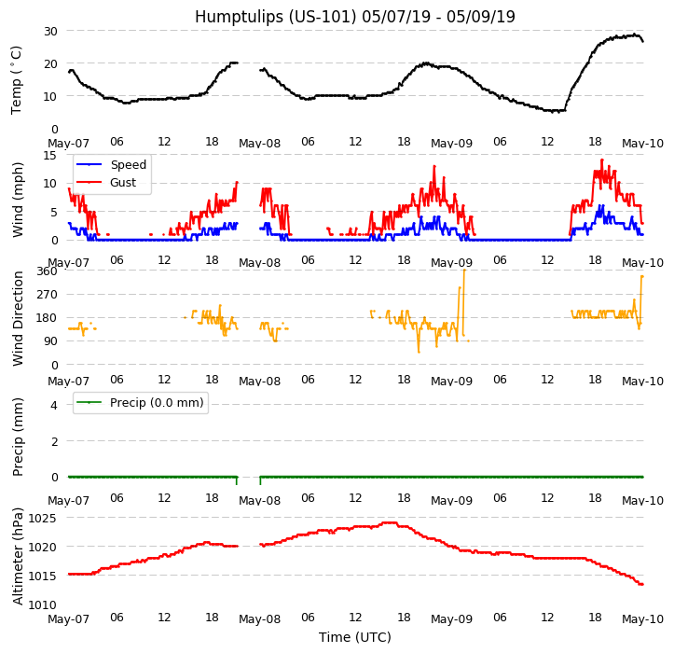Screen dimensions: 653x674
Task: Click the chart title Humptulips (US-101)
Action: pos(354,17)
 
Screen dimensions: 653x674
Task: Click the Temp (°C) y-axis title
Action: pos(17,79)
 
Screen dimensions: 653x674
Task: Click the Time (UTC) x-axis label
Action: pos(354,638)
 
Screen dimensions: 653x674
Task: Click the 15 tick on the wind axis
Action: pos(50,155)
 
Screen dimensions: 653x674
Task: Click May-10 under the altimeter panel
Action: pos(642,619)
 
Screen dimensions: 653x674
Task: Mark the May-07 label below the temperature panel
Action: pos(68,144)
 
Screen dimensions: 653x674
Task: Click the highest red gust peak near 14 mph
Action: pos(601,160)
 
